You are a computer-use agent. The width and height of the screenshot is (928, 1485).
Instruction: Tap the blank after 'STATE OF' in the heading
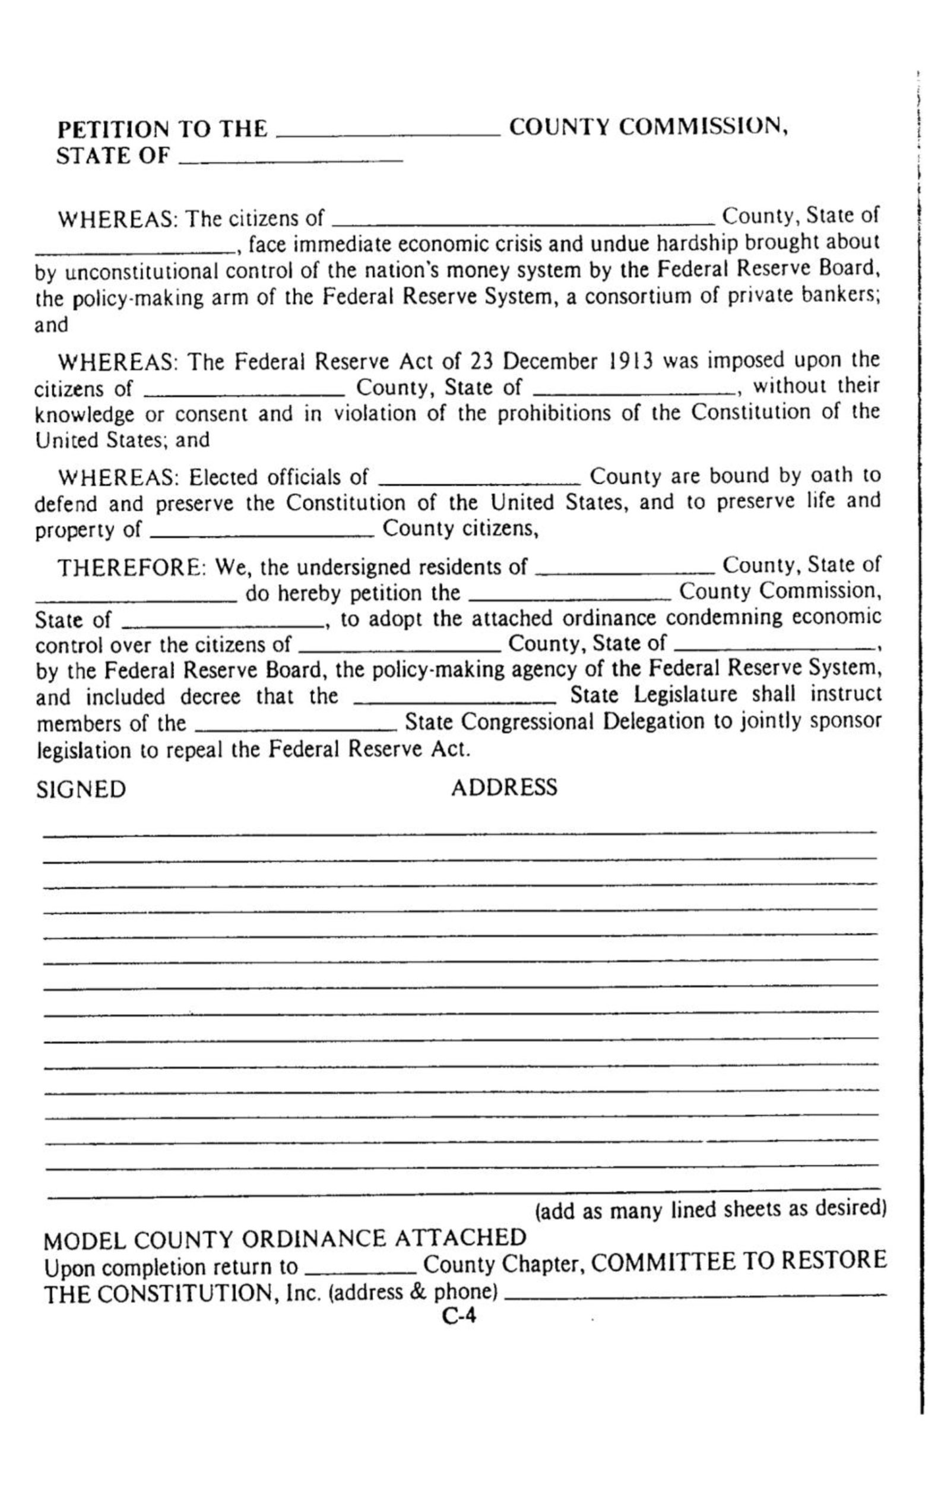pos(290,159)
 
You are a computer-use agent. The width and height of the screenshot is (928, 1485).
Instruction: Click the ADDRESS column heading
pos(504,788)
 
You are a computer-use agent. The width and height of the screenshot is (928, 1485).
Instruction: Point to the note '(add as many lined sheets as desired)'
pos(711,1209)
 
